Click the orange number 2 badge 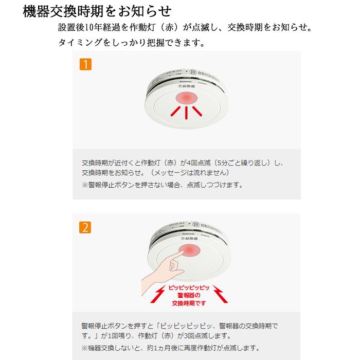pyautogui.click(x=85, y=226)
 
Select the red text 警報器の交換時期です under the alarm pyautogui.click(x=186, y=299)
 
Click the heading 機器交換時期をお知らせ pyautogui.click(x=97, y=11)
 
